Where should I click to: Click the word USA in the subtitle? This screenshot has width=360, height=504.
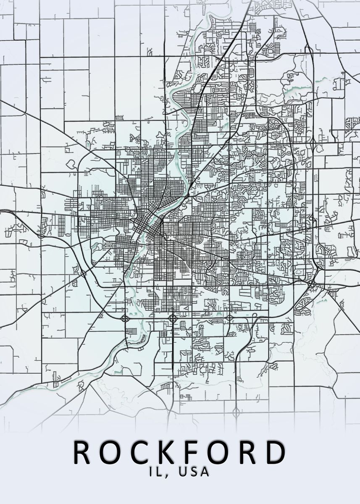coord(194,472)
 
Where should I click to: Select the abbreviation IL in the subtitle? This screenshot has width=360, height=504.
coord(156,472)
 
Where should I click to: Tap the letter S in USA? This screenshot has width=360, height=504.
coord(194,472)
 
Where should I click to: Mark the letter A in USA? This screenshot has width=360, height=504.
coord(205,472)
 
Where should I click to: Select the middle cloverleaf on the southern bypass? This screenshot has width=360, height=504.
coord(172,318)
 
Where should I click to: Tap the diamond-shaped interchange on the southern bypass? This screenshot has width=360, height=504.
coord(230,318)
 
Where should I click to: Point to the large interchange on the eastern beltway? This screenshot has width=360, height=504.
coord(313,286)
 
